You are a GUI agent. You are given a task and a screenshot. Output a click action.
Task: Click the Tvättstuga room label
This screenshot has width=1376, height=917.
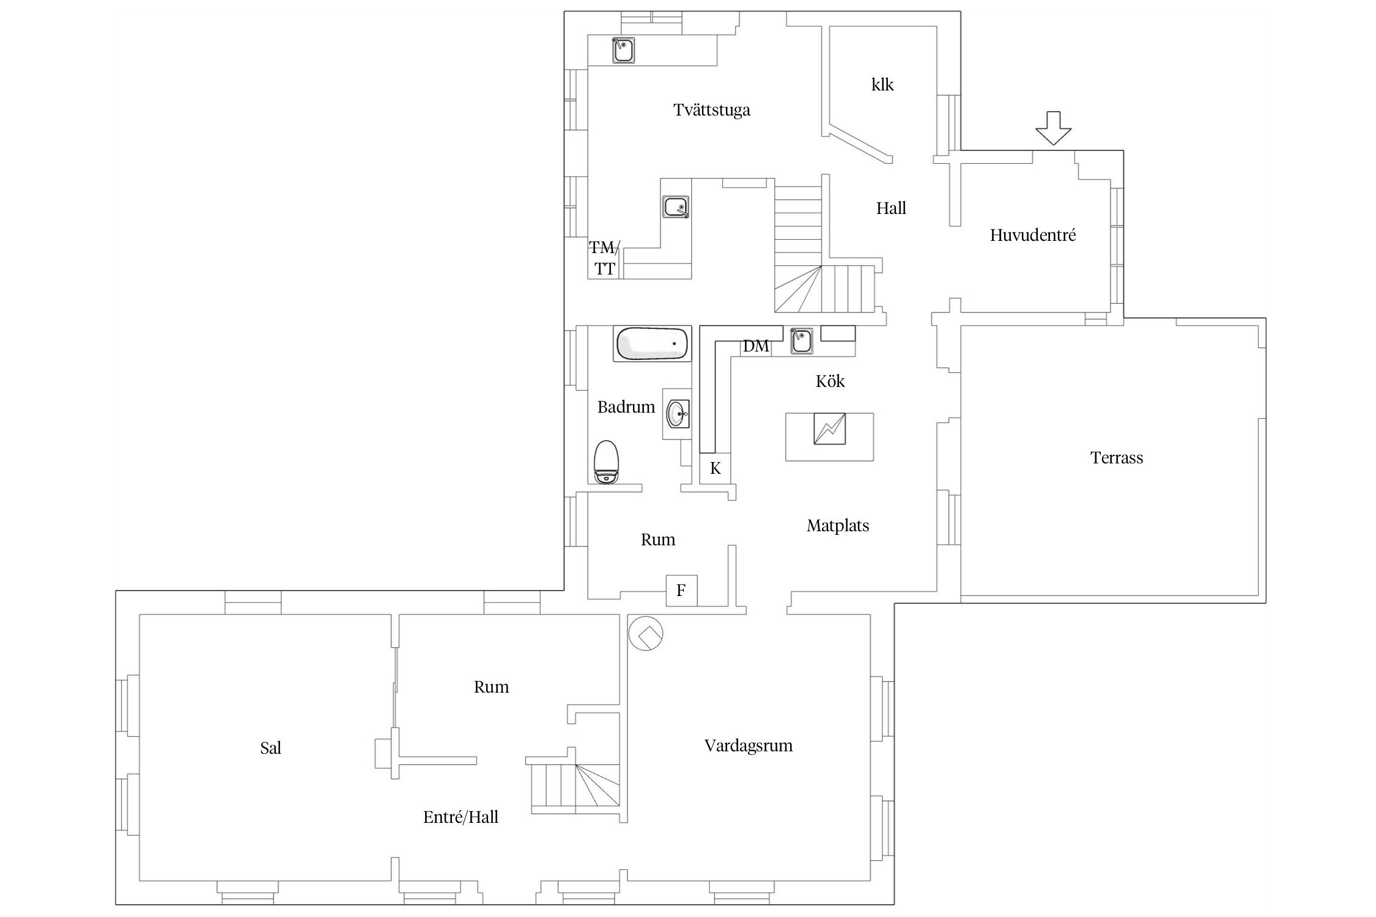click(712, 111)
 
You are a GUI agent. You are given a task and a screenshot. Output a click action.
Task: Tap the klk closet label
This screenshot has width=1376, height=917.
click(882, 84)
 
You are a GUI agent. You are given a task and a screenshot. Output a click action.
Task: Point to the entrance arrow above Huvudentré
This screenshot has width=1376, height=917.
click(1053, 128)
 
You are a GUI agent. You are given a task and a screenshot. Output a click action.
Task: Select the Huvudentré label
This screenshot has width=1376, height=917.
click(1033, 235)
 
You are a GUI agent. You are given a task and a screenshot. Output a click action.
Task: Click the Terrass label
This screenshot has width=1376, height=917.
click(1117, 457)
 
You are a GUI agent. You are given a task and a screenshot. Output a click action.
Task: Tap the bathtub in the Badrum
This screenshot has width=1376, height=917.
click(652, 344)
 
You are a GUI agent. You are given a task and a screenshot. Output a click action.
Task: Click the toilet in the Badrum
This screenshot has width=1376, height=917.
click(606, 462)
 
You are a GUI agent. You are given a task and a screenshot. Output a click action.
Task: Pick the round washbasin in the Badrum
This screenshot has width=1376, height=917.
click(677, 414)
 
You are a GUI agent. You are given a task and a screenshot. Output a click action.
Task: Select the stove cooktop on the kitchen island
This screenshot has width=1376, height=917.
click(829, 429)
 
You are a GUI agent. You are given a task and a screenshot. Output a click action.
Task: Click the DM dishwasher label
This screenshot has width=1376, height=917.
click(756, 346)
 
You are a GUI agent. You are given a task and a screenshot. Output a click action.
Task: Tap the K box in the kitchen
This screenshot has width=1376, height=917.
click(715, 468)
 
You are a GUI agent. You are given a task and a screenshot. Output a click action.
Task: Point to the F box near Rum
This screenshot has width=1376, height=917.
click(681, 591)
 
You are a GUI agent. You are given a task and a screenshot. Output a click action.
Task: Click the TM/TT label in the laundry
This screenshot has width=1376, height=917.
click(604, 258)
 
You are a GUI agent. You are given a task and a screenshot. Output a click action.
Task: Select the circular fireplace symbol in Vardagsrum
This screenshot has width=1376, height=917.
click(646, 633)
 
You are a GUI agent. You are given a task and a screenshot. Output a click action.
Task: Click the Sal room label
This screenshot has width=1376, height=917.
click(271, 748)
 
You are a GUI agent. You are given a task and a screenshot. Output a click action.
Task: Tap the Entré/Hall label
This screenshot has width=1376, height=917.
click(461, 817)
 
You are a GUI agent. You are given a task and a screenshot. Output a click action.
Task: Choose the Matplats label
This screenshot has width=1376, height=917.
click(838, 526)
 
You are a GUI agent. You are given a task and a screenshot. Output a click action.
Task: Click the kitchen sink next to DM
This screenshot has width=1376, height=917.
click(801, 341)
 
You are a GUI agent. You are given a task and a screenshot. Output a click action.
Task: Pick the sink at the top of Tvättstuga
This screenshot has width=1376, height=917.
click(623, 50)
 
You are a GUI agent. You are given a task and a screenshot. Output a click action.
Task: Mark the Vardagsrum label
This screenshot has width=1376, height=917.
click(749, 746)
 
